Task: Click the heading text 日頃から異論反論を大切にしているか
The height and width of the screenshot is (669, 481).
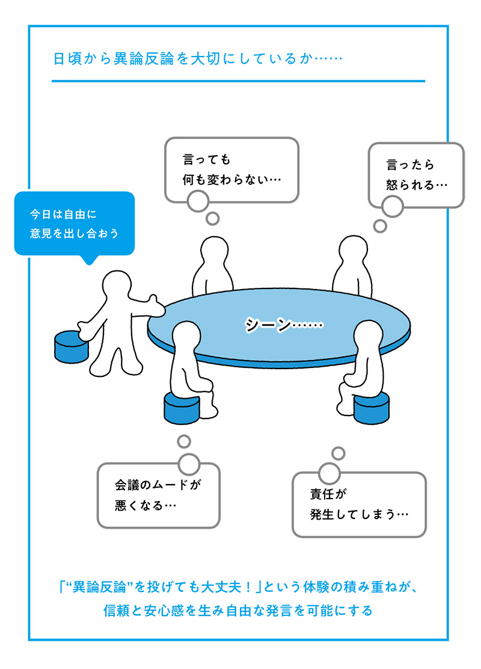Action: [198, 59]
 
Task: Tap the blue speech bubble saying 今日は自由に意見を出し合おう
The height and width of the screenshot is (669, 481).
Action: [74, 224]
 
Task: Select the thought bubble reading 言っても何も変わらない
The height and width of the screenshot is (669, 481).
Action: [231, 170]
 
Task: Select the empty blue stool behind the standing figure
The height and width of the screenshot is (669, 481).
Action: [72, 346]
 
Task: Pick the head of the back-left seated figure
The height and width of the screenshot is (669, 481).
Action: [213, 252]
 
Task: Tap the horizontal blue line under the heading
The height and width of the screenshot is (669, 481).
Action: [238, 81]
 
